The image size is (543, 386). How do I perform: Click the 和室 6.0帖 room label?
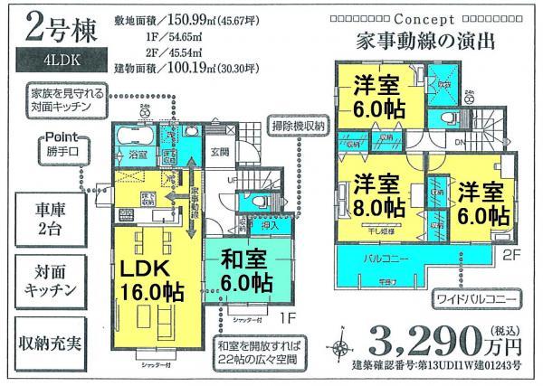[x=244, y=271]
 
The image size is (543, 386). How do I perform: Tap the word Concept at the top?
[x=425, y=18]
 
